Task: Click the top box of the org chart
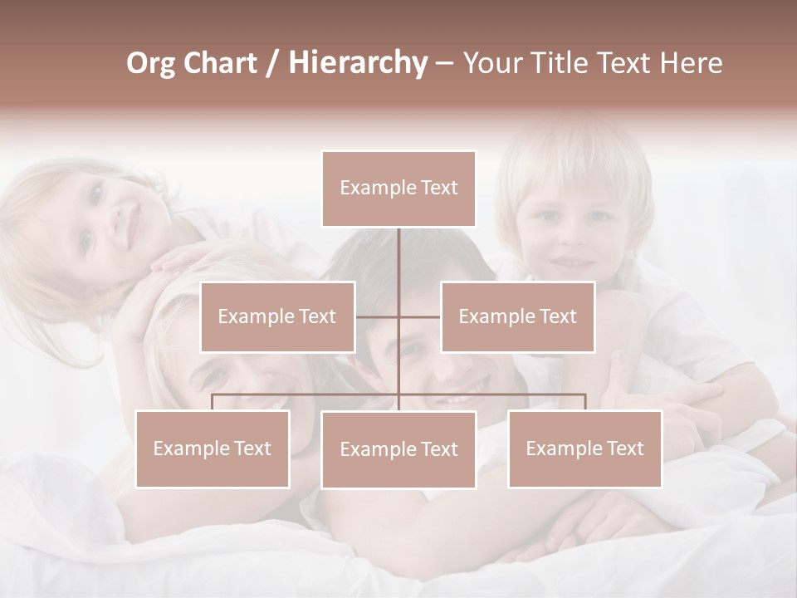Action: (398, 189)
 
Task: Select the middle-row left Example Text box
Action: (277, 316)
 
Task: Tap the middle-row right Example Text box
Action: (517, 316)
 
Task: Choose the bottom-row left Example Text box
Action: (213, 448)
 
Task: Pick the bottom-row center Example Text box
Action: (398, 449)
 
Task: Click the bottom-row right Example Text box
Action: (584, 448)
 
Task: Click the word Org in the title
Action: (150, 63)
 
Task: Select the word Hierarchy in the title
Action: (357, 63)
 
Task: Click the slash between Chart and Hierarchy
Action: (272, 63)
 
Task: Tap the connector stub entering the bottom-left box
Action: (213, 402)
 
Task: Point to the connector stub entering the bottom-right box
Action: (584, 402)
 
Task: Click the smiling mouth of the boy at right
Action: (572, 262)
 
